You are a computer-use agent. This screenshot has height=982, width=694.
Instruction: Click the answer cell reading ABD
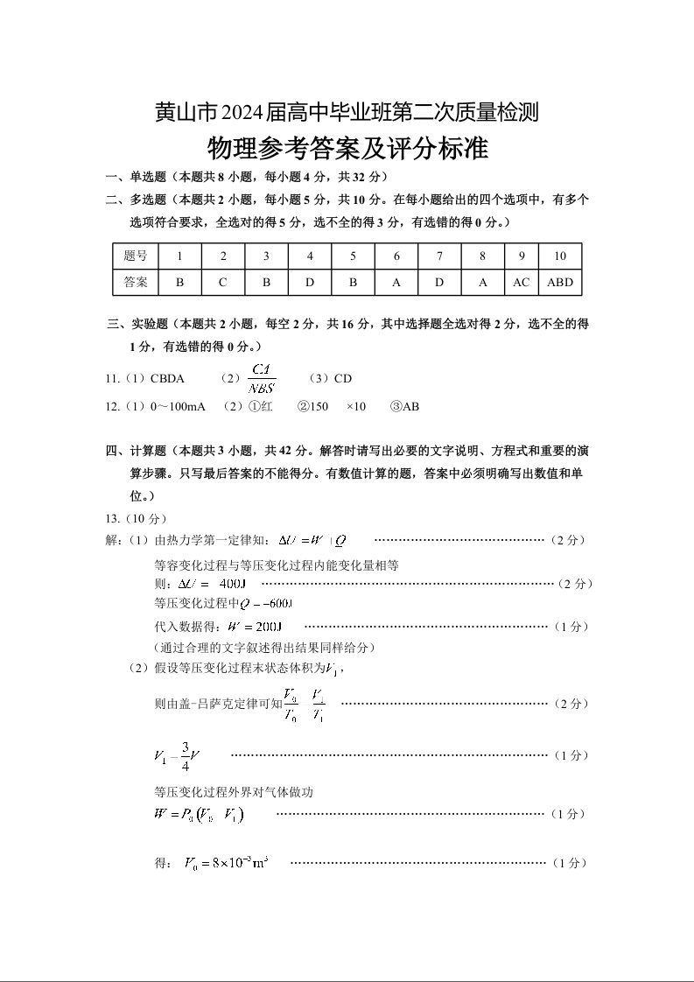tap(560, 283)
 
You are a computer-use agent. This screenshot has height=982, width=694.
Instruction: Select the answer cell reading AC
tap(522, 283)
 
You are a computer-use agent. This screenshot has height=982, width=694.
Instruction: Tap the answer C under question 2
tap(223, 283)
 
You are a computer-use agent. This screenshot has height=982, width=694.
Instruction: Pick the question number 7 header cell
tap(439, 256)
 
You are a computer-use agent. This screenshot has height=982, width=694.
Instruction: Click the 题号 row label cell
tap(136, 256)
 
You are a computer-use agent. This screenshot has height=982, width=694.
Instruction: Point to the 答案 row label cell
tap(136, 283)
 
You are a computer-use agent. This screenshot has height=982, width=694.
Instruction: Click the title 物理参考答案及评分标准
tap(347, 148)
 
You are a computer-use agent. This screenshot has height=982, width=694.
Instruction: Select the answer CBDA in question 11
tap(167, 379)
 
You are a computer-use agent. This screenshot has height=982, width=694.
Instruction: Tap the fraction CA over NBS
tap(263, 378)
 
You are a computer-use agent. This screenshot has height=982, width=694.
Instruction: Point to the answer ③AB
tap(405, 406)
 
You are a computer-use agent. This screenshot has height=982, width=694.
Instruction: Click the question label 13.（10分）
tap(135, 518)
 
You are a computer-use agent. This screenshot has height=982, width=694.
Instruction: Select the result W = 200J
tap(254, 627)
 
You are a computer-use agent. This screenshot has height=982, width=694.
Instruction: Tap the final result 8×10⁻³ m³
tap(226, 864)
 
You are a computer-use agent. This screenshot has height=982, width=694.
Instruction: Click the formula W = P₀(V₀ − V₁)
tap(198, 815)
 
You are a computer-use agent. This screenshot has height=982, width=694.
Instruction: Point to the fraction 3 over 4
tap(186, 755)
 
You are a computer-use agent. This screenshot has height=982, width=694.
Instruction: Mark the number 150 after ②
tap(319, 406)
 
